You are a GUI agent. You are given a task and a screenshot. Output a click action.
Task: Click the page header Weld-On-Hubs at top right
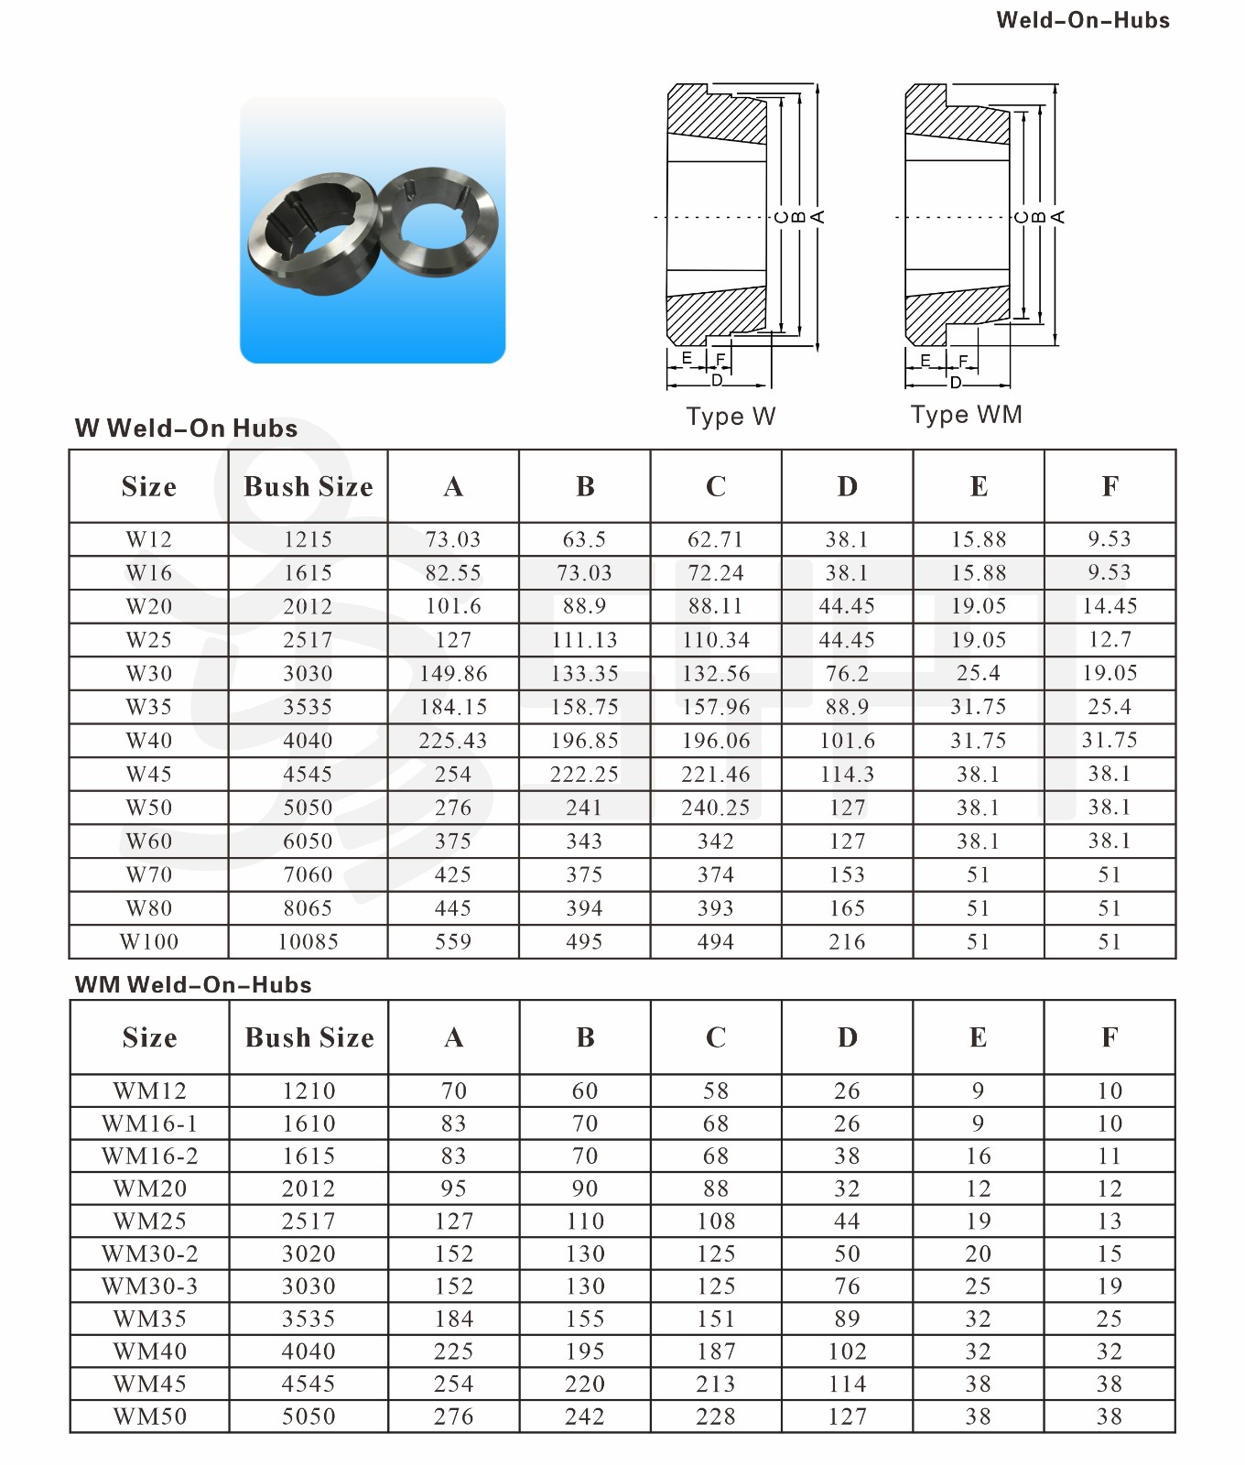pyautogui.click(x=1082, y=20)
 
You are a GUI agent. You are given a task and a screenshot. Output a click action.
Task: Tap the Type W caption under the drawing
pyautogui.click(x=731, y=417)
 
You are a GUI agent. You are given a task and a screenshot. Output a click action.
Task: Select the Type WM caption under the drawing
pyautogui.click(x=966, y=415)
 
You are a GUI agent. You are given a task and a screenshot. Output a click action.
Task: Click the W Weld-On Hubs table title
pyautogui.click(x=186, y=429)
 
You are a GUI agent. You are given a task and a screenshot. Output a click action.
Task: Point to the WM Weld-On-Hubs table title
pyautogui.click(x=193, y=984)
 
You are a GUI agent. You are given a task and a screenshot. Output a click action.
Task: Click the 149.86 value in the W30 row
pyautogui.click(x=453, y=674)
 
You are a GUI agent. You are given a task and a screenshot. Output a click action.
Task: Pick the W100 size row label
pyautogui.click(x=149, y=942)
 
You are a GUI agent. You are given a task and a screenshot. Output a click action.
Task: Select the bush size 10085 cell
pyautogui.click(x=309, y=942)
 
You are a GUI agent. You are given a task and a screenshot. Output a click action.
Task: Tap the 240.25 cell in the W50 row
pyautogui.click(x=716, y=808)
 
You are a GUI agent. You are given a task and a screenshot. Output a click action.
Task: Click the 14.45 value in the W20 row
pyautogui.click(x=1110, y=606)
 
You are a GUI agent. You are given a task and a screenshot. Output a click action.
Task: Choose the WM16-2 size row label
pyautogui.click(x=149, y=1156)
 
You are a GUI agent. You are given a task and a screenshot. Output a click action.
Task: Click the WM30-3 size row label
pyautogui.click(x=149, y=1286)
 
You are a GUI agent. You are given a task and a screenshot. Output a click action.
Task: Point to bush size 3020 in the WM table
pyautogui.click(x=309, y=1253)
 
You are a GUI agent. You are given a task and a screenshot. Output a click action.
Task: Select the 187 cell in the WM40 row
pyautogui.click(x=716, y=1351)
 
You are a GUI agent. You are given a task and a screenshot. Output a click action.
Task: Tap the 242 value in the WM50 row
pyautogui.click(x=585, y=1416)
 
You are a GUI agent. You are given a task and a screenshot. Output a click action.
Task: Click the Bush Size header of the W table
pyautogui.click(x=309, y=486)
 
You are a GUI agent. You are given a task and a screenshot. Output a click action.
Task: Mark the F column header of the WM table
pyautogui.click(x=1110, y=1037)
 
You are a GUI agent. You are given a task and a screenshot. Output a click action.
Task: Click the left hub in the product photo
pyautogui.click(x=311, y=233)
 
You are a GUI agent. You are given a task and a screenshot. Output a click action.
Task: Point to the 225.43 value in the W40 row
pyautogui.click(x=453, y=741)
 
